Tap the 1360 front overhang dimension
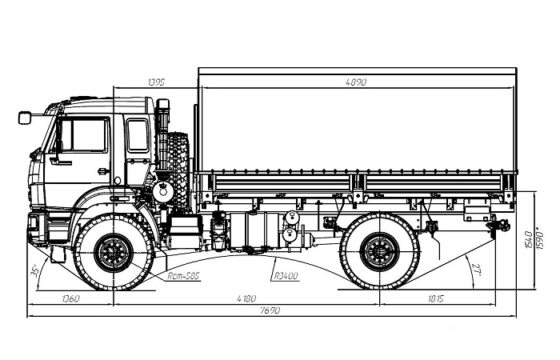(71, 298)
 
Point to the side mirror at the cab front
(25, 118)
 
